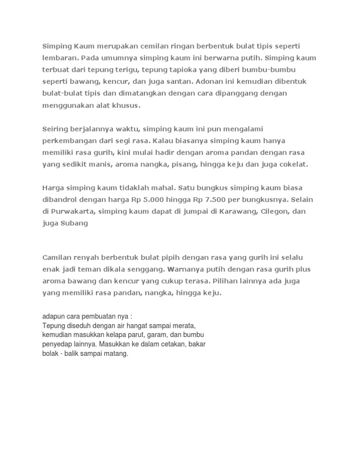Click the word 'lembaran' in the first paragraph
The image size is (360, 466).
60,59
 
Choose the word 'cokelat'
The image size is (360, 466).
292,163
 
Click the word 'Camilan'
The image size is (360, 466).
56,258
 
